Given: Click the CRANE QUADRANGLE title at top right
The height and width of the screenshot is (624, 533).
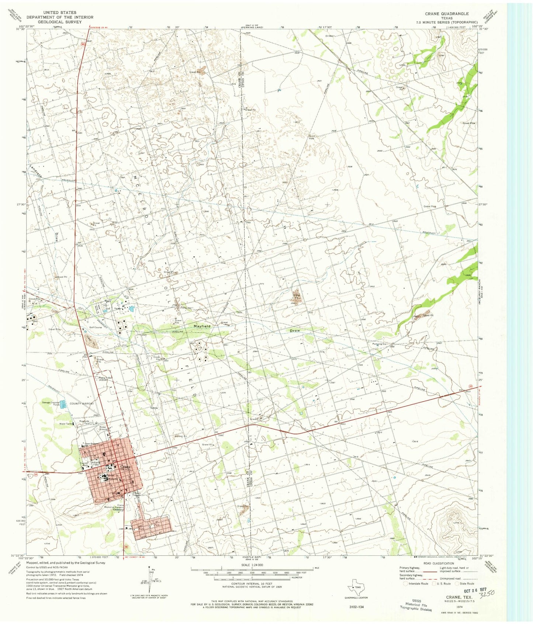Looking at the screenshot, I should pos(447,14).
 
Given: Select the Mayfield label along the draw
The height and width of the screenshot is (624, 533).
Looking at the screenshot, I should pos(202,326).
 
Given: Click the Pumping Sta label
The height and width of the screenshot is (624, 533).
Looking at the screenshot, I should pos(378,344).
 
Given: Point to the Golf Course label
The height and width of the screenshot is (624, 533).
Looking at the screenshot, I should pos(95,327).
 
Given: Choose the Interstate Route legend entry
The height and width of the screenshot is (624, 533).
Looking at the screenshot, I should pos(417,584).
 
